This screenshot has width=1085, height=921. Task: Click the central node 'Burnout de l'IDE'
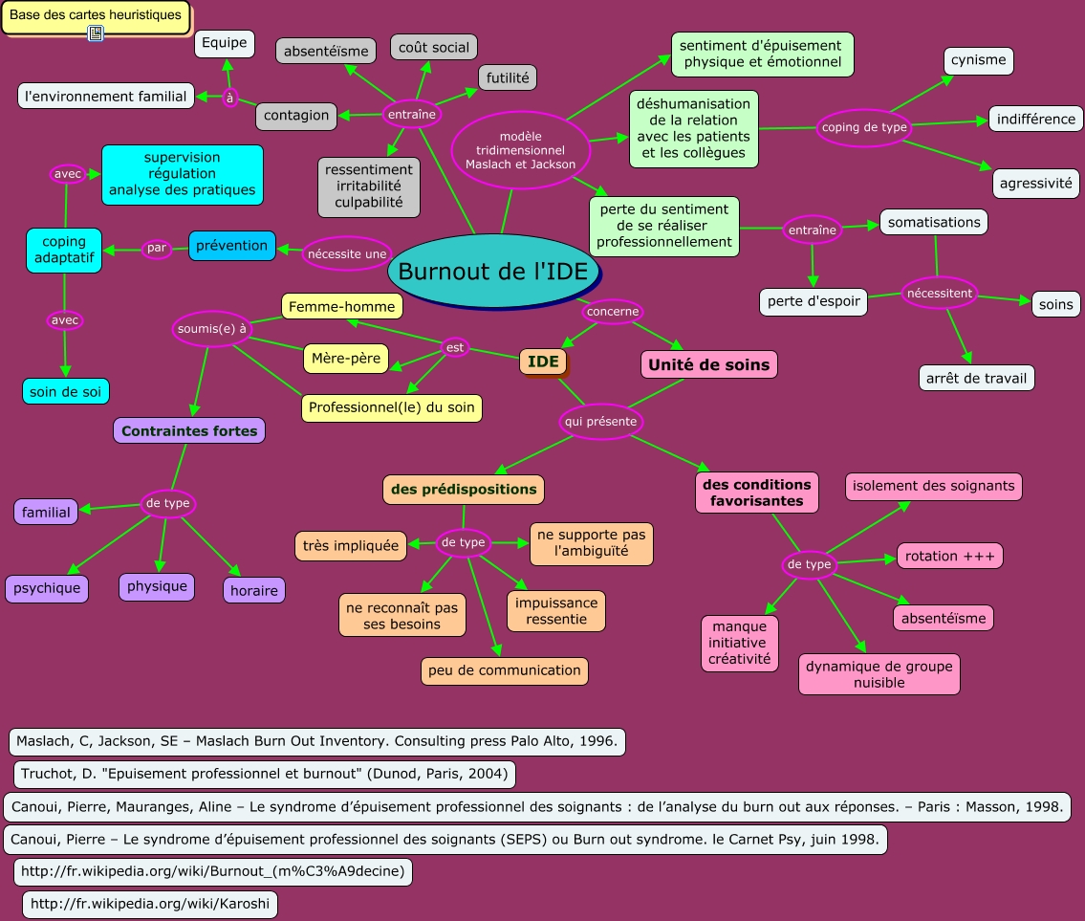pyautogui.click(x=493, y=272)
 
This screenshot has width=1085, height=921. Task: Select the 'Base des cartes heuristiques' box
pyautogui.click(x=96, y=16)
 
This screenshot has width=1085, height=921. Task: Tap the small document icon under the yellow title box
pyautogui.click(x=96, y=34)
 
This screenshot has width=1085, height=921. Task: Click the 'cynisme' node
pyautogui.click(x=978, y=60)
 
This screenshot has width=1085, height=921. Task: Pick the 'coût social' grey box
pyautogui.click(x=433, y=47)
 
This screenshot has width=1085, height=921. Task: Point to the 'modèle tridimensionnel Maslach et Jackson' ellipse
pyautogui.click(x=520, y=150)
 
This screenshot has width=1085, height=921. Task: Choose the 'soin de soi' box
pyautogui.click(x=66, y=390)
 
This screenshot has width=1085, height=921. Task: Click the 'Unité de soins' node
pyautogui.click(x=708, y=364)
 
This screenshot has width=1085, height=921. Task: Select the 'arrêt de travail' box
pyautogui.click(x=976, y=378)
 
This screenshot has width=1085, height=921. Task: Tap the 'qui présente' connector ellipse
pyautogui.click(x=600, y=421)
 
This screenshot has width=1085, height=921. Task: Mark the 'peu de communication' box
pyautogui.click(x=504, y=670)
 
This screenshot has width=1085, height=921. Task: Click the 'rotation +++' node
pyautogui.click(x=949, y=556)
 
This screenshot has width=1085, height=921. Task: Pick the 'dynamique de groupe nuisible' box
pyautogui.click(x=879, y=674)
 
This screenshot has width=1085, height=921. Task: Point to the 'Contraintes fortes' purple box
pyautogui.click(x=189, y=431)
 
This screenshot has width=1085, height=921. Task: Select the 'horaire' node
pyautogui.click(x=253, y=590)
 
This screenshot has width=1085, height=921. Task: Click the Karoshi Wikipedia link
pyautogui.click(x=150, y=904)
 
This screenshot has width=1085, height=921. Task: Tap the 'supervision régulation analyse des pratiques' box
pyautogui.click(x=182, y=174)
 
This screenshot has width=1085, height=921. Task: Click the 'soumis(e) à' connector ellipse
pyautogui.click(x=212, y=329)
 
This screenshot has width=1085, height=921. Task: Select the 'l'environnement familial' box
pyautogui.click(x=105, y=96)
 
